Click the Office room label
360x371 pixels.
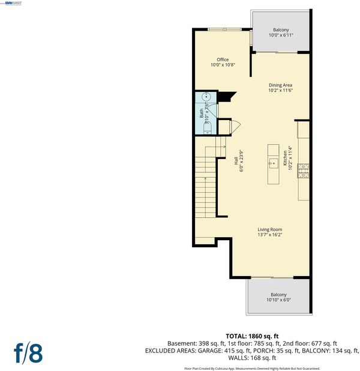[x=223, y=59]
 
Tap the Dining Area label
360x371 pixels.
[x=280, y=85]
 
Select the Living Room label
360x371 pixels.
[x=270, y=229]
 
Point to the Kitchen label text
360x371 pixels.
[x=285, y=158]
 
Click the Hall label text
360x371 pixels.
[x=236, y=161]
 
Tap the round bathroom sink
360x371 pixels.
[x=206, y=97]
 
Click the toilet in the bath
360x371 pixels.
[x=208, y=128]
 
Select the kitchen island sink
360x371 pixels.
[x=273, y=163]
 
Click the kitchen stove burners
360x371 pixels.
[x=303, y=171]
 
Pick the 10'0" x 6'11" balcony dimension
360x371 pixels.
[x=281, y=35]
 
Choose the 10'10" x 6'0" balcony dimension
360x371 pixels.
[x=278, y=300]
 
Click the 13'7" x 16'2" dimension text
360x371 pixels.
[x=270, y=235]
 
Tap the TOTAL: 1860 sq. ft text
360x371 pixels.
[x=252, y=336]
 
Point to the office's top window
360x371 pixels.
[x=224, y=29]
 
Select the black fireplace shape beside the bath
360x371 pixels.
[x=226, y=97]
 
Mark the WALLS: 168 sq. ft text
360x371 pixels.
[x=252, y=358]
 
